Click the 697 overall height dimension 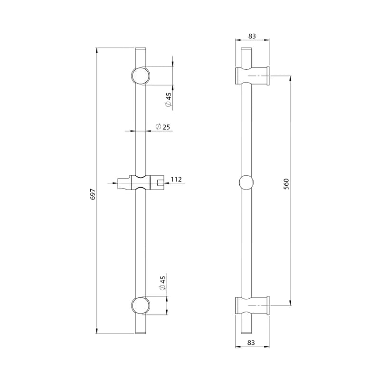[x=93, y=194]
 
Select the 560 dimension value [x=286, y=184]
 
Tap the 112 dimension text [x=176, y=180]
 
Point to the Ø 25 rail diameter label [x=162, y=127]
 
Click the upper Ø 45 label [x=168, y=100]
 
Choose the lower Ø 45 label [x=162, y=283]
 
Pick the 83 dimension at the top [x=252, y=36]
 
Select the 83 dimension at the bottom [x=251, y=342]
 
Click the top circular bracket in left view [x=141, y=76]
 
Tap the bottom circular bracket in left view [x=141, y=305]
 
